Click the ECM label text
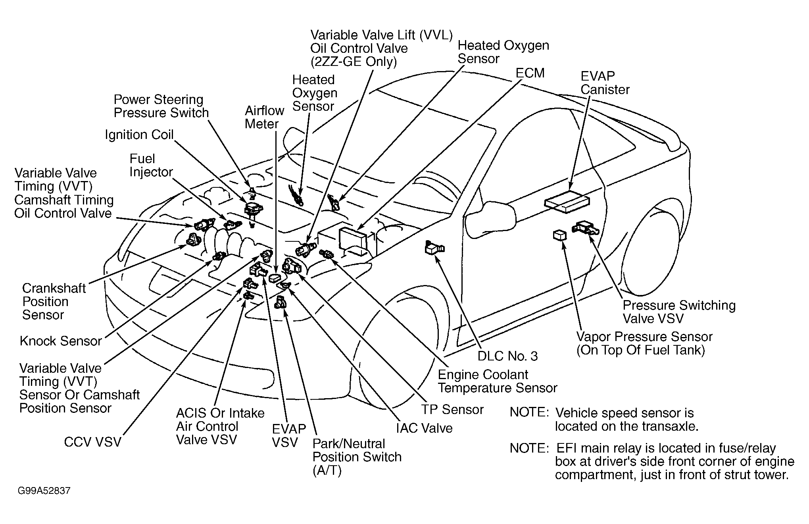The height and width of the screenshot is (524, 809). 530,73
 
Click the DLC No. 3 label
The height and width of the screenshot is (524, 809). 507,356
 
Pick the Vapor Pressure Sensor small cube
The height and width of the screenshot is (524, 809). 559,235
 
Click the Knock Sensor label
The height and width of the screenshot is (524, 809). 61,341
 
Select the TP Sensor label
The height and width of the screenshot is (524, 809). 452,409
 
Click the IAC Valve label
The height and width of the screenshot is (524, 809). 424,428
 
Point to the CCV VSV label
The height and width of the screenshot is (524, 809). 92,442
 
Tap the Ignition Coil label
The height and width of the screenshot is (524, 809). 139,135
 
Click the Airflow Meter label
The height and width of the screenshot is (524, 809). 264,117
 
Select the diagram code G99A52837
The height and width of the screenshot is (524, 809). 44,491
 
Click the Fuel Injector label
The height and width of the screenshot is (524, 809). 151,165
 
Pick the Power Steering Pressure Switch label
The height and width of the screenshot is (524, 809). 161,106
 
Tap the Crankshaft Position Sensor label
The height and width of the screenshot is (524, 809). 54,301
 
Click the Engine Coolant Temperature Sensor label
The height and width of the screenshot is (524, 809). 498,381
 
